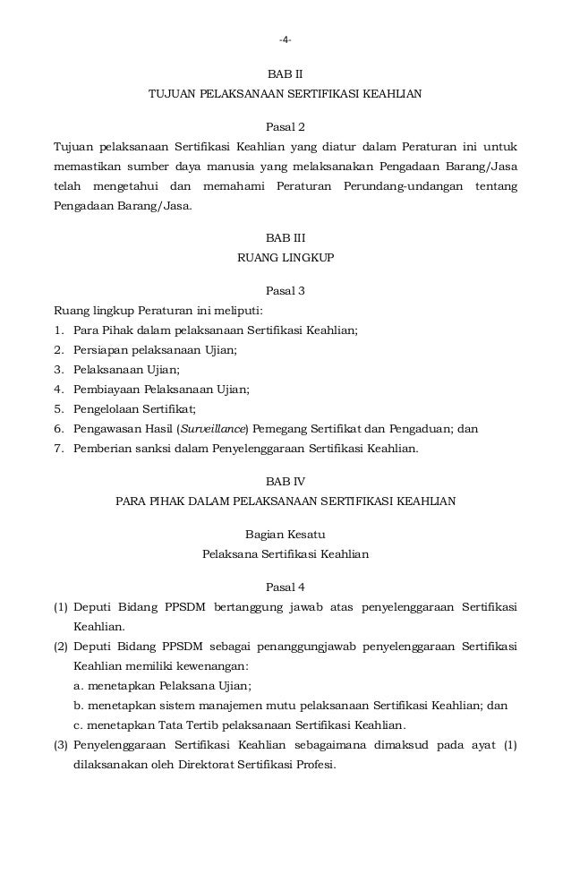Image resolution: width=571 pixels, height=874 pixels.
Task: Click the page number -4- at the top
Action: point(285,39)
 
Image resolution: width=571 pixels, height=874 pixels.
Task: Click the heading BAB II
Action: point(285,74)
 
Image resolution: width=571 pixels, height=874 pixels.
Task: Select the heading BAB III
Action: point(285,237)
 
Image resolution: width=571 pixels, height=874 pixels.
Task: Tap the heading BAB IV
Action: point(285,480)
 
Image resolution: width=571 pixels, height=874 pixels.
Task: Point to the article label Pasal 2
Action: point(285,125)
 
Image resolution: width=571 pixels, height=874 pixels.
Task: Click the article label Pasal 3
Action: point(285,290)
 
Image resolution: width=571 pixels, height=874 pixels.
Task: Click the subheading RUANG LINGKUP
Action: point(285,257)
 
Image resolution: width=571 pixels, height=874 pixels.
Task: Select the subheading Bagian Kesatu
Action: point(285,535)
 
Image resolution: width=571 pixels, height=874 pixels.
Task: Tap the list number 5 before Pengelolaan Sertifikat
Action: point(58,409)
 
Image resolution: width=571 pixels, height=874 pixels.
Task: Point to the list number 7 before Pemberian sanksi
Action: point(58,449)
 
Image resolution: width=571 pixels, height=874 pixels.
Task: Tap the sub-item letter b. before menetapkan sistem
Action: point(80,706)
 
